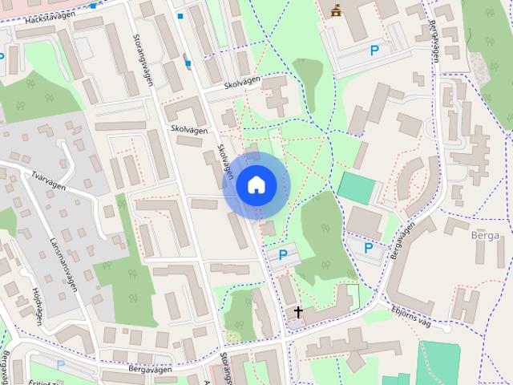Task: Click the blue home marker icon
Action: click(x=255, y=185)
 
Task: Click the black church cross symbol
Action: click(x=298, y=312)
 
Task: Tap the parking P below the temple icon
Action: click(x=374, y=51)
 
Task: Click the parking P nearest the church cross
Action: click(x=282, y=255)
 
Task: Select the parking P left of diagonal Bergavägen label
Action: click(x=369, y=248)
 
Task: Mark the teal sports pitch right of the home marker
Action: click(x=358, y=188)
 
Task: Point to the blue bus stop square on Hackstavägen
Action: click(x=94, y=6)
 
